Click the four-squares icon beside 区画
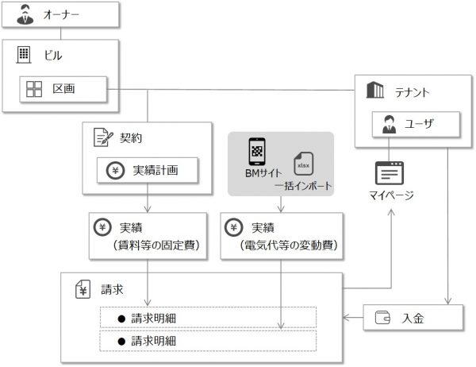click(34, 89)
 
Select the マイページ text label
click(390, 195)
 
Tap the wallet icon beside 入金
click(382, 319)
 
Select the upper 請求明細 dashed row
click(208, 318)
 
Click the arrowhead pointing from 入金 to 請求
click(347, 319)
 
